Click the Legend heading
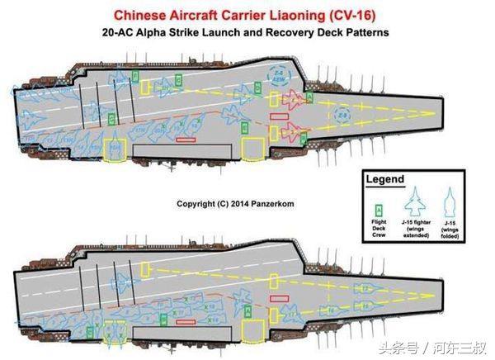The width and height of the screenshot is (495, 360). (x=385, y=179)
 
